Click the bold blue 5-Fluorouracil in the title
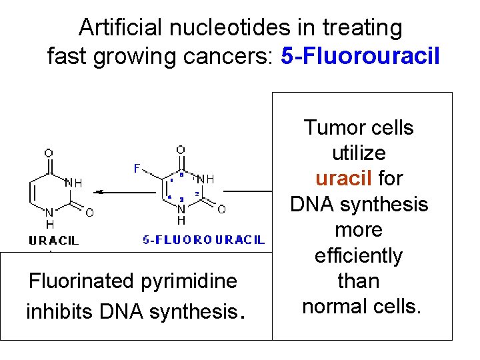[360, 56]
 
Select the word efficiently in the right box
[359, 255]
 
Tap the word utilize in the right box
[359, 153]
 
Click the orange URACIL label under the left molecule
[53, 240]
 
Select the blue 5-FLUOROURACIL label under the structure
[204, 240]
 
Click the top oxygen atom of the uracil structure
[49, 153]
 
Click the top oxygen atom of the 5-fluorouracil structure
[181, 150]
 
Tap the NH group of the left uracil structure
[74, 182]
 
